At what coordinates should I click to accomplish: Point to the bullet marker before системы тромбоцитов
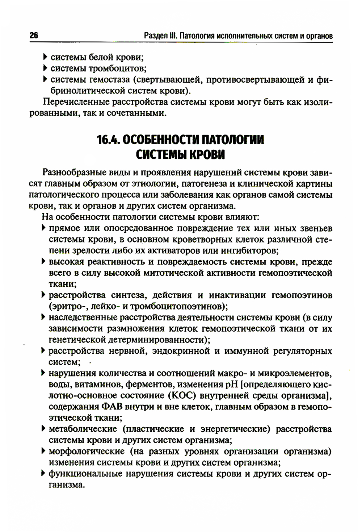coord(45,68)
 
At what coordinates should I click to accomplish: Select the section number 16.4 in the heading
coord(109,140)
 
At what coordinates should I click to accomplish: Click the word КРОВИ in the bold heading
coord(205,155)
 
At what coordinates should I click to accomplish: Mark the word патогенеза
coord(200,183)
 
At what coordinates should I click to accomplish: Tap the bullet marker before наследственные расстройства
coord(43,317)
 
